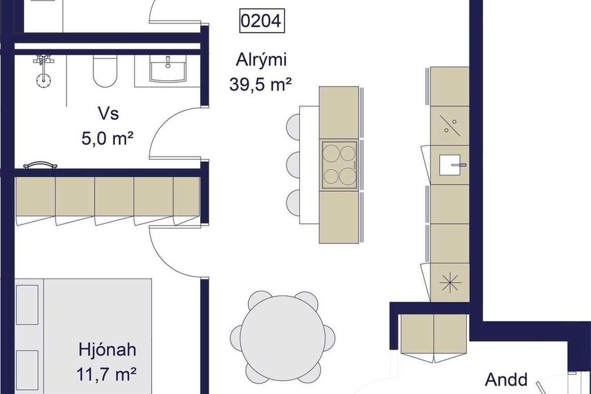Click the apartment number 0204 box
click(x=262, y=21)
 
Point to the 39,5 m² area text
click(x=260, y=85)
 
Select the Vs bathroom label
click(x=109, y=114)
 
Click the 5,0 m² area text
click(x=107, y=138)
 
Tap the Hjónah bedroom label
click(x=107, y=349)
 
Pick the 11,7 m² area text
click(x=106, y=374)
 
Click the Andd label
click(x=506, y=379)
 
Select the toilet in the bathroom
click(x=105, y=71)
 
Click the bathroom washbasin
click(x=168, y=69)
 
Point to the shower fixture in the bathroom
click(x=43, y=71)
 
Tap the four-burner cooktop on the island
click(x=339, y=165)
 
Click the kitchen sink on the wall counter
click(x=450, y=165)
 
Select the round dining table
click(x=283, y=338)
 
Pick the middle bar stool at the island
click(x=293, y=165)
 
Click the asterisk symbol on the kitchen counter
click(x=451, y=282)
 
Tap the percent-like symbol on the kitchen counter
click(x=450, y=126)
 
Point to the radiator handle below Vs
click(x=40, y=165)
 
